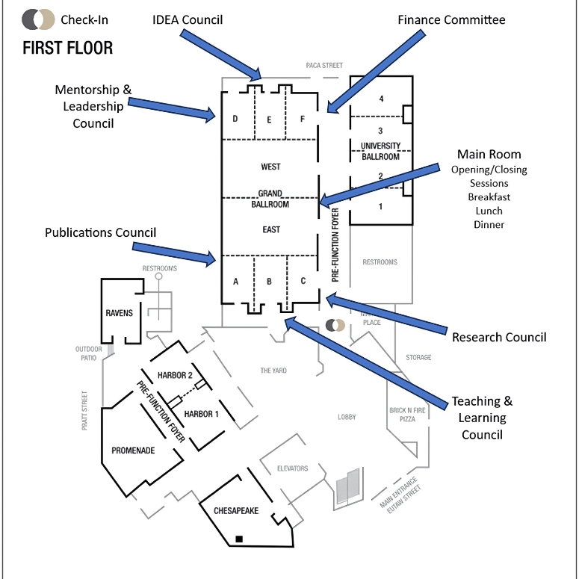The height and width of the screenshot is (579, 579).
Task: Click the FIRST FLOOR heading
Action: pyautogui.click(x=67, y=48)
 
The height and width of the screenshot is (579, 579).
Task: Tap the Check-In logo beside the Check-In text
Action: pyautogui.click(x=38, y=19)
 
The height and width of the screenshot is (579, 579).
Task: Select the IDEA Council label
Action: pyautogui.click(x=188, y=19)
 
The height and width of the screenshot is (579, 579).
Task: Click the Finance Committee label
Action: pyautogui.click(x=451, y=19)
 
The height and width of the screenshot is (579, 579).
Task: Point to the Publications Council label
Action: pyautogui.click(x=100, y=232)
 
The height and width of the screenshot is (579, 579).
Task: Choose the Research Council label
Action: pyautogui.click(x=499, y=337)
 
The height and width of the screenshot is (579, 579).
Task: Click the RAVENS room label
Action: pyautogui.click(x=119, y=313)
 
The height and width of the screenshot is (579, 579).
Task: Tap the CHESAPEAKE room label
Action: pyautogui.click(x=236, y=511)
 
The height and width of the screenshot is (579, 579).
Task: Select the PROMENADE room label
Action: pyautogui.click(x=133, y=450)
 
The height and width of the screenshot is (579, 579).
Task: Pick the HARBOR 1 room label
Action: pyautogui.click(x=201, y=414)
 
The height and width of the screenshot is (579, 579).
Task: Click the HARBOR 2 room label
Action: pyautogui.click(x=175, y=376)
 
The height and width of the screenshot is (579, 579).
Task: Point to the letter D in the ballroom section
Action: pyautogui.click(x=235, y=119)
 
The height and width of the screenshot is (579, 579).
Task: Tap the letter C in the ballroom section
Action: pyautogui.click(x=303, y=281)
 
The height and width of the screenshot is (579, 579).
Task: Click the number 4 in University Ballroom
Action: pyautogui.click(x=381, y=99)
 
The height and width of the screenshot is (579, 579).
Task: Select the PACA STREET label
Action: pyautogui.click(x=324, y=65)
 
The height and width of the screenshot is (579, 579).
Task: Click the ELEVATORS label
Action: pyautogui.click(x=292, y=468)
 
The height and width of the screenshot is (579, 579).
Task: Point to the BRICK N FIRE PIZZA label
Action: pyautogui.click(x=407, y=415)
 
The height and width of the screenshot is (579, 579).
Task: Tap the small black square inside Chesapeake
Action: pyautogui.click(x=239, y=539)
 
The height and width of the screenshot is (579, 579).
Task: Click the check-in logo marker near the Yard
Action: pyautogui.click(x=335, y=325)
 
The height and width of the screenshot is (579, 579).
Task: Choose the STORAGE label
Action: pyautogui.click(x=418, y=357)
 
